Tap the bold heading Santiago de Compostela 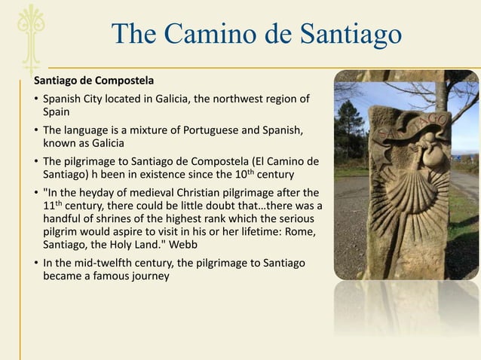pos(93,80)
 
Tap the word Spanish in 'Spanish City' pos(63,99)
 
